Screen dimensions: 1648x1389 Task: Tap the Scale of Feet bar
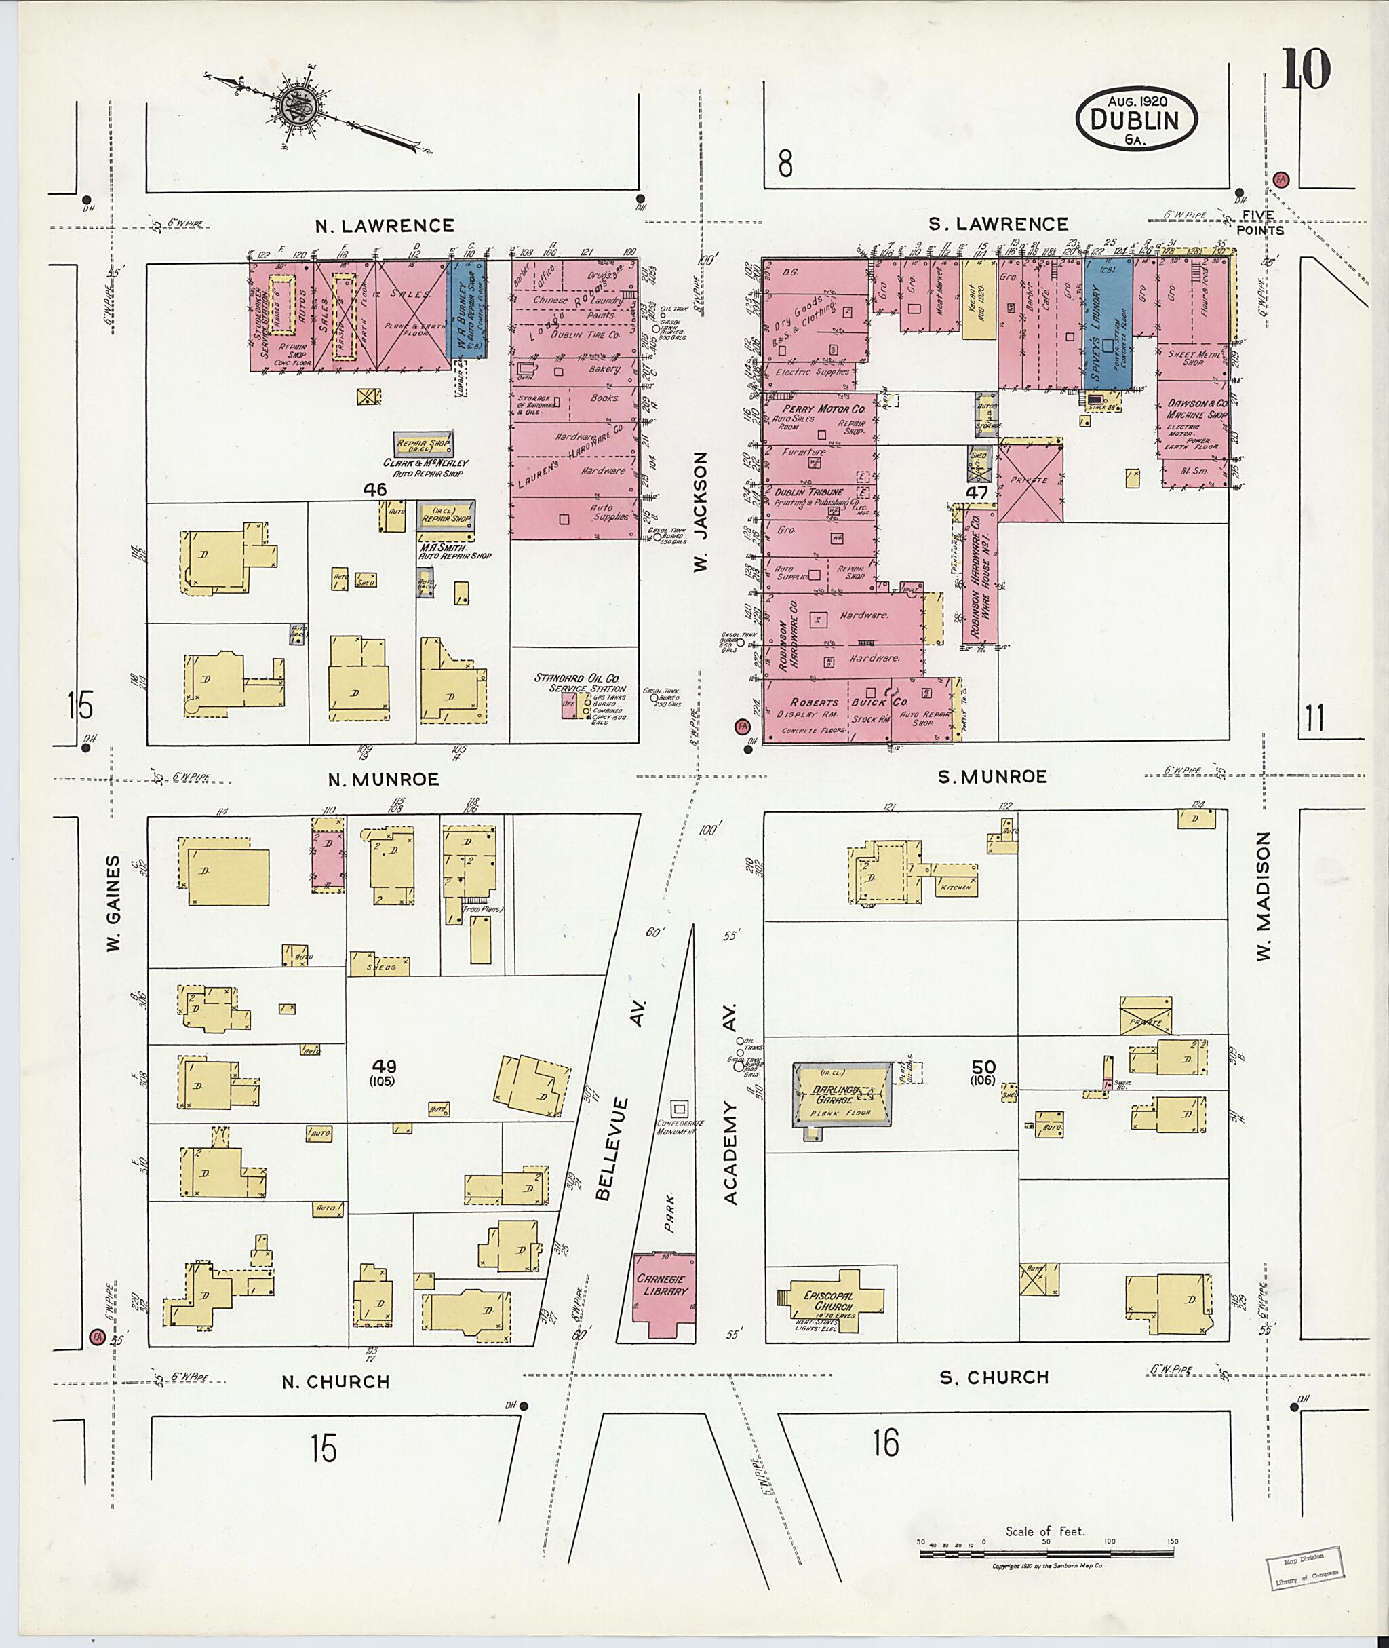click(x=1048, y=1554)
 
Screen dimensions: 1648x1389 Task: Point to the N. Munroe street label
click(x=383, y=779)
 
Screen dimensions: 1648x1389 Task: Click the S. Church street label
click(x=994, y=1377)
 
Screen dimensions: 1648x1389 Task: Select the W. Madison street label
click(x=1264, y=896)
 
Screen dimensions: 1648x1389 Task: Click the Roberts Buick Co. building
click(x=861, y=710)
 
